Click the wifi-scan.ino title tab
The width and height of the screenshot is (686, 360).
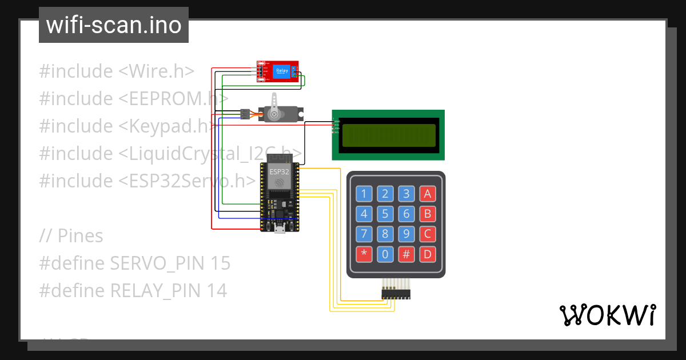(113, 25)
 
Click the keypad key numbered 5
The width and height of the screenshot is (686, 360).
(385, 214)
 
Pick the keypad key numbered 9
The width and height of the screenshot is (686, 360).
(406, 234)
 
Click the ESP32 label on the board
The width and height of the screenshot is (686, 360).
(279, 170)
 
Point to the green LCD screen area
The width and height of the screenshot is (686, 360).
(388, 135)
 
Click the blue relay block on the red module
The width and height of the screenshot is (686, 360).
(282, 71)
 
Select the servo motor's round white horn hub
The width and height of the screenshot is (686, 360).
(274, 115)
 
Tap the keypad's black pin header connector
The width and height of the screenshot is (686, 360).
(396, 294)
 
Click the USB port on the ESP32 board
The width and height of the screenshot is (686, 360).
(280, 230)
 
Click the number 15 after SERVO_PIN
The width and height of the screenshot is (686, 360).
(219, 263)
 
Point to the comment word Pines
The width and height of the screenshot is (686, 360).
(80, 236)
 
